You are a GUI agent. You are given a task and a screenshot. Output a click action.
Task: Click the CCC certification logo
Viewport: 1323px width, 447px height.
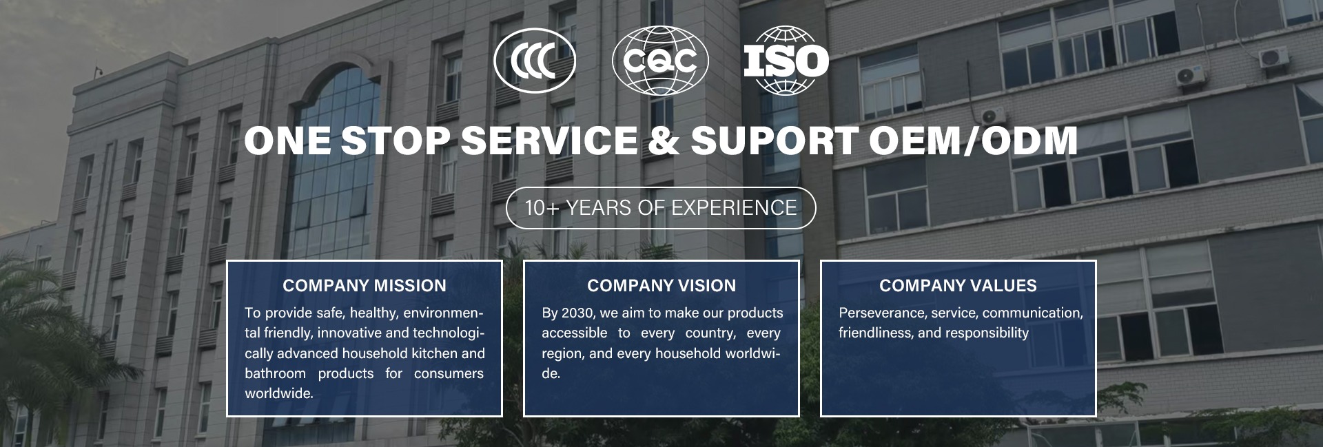point(535,61)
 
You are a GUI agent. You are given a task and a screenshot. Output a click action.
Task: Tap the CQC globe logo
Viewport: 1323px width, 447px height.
point(660,61)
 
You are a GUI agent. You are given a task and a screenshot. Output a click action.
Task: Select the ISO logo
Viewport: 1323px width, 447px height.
point(786,61)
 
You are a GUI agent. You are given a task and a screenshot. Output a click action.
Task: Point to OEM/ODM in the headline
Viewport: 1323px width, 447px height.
point(973,141)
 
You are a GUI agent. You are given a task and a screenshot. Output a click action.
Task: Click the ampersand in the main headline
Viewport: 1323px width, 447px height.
point(664,141)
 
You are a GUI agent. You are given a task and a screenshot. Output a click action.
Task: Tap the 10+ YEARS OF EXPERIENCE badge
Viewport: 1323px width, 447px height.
point(661,208)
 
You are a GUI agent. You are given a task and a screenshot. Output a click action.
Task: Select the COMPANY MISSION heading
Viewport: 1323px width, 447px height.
point(365,285)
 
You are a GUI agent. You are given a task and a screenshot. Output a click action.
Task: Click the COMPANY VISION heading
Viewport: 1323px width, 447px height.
point(661,285)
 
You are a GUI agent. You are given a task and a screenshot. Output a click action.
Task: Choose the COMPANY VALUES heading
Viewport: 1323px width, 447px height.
point(958,285)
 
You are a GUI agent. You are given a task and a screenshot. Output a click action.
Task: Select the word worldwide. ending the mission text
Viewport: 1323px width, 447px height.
point(279,394)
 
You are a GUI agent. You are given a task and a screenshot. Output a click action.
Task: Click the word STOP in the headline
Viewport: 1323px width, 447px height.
point(395,141)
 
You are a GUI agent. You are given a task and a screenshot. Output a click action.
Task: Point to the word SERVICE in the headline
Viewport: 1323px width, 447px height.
point(549,141)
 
